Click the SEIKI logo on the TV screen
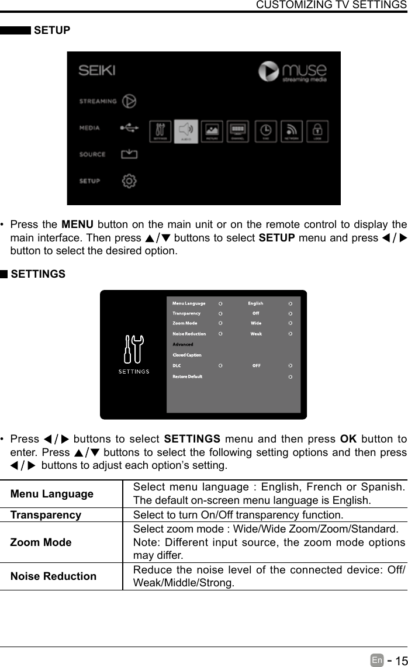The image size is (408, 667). point(97,71)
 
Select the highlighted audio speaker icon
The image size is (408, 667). point(186,131)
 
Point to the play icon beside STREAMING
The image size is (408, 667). point(129,101)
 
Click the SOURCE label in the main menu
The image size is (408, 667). point(92,154)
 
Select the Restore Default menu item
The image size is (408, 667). point(187,376)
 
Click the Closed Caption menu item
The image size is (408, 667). point(187,355)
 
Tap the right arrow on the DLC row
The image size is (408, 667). point(291,366)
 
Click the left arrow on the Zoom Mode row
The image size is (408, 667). point(220,323)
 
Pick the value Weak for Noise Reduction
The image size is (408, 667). point(256,334)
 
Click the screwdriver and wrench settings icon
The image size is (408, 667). point(134,350)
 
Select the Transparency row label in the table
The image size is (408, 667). point(46,515)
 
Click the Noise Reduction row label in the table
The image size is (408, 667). point(53,576)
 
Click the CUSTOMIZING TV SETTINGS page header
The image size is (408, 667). point(331,5)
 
